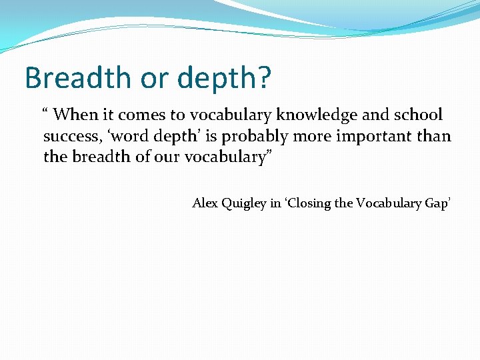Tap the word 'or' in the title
tap(150, 77)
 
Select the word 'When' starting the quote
tap(75, 115)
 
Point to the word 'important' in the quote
tap(378, 137)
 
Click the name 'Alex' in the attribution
tap(204, 203)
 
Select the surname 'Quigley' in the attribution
tap(243, 203)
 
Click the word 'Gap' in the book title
tap(437, 203)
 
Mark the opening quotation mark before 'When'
tap(47, 111)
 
